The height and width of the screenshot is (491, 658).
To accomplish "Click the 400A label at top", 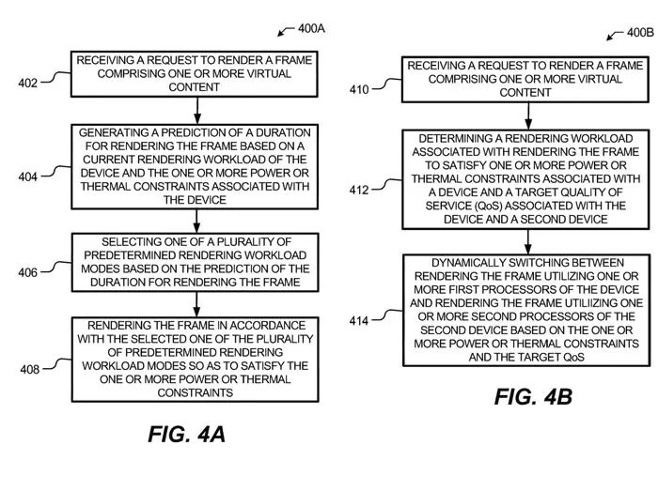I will click(x=312, y=28).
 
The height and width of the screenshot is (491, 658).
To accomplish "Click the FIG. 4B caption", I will click(x=533, y=397).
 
